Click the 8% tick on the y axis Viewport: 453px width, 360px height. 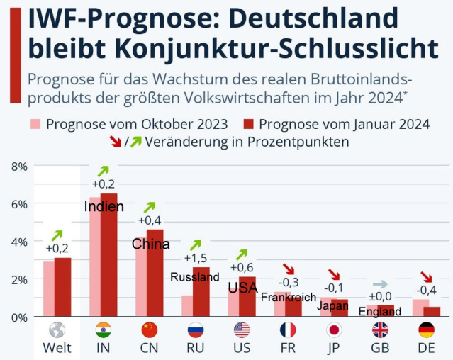point(19,167)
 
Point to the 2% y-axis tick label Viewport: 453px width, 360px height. point(19,279)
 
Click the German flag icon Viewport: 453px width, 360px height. point(426,330)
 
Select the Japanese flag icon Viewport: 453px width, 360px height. point(334,330)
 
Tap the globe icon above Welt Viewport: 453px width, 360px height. point(57,330)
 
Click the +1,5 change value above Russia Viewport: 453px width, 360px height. point(196,257)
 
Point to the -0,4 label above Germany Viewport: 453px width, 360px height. point(426,290)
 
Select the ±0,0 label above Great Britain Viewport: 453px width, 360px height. point(380,296)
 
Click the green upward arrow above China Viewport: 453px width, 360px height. point(150,207)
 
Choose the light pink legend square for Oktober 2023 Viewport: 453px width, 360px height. point(35,124)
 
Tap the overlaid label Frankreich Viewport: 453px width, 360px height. point(288,298)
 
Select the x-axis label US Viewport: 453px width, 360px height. point(242,348)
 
